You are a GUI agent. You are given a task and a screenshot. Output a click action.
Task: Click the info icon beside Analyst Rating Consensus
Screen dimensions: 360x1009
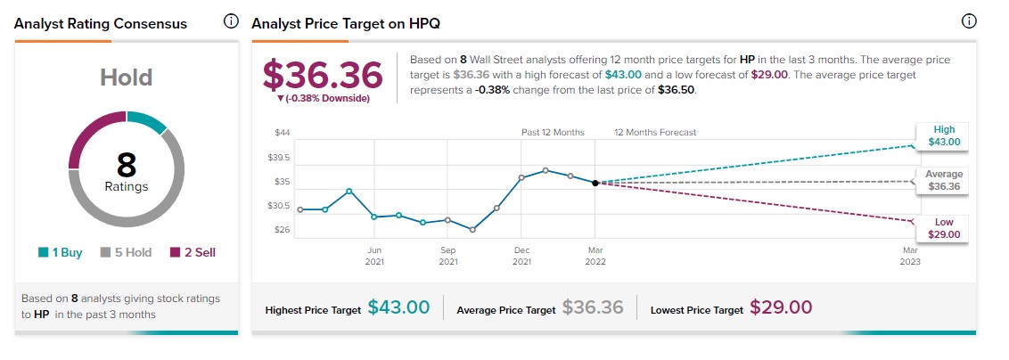(x=231, y=21)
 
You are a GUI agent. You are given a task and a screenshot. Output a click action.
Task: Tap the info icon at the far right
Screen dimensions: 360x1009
(x=969, y=21)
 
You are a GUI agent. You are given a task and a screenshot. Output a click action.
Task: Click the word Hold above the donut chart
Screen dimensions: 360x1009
(x=126, y=78)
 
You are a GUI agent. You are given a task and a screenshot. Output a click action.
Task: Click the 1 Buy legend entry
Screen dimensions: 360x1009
(x=61, y=252)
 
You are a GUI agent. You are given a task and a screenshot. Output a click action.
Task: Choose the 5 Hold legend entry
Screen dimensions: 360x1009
(x=126, y=252)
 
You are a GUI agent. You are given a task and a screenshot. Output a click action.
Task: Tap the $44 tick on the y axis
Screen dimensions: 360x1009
(x=283, y=133)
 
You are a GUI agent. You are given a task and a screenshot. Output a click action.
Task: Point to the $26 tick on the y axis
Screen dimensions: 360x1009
(x=283, y=230)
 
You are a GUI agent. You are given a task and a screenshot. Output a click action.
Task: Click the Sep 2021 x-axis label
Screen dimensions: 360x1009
(x=448, y=255)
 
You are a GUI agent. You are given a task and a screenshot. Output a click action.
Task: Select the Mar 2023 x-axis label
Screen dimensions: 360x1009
(x=910, y=255)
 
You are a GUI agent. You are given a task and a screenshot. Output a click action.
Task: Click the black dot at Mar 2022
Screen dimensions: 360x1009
(x=595, y=183)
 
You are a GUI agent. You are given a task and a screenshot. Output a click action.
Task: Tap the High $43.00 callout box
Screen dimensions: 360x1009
(x=943, y=135)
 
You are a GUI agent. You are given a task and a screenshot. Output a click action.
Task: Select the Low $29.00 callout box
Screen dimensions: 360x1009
(x=943, y=228)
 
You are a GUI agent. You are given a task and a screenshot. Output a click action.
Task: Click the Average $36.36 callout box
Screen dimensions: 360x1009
(x=943, y=181)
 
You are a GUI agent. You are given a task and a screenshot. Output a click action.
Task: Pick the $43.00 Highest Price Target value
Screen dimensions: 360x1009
(x=398, y=308)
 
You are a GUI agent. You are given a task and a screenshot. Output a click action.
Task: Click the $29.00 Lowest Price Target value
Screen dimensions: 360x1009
(x=781, y=308)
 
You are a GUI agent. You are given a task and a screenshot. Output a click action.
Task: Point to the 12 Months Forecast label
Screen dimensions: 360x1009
(x=655, y=133)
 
